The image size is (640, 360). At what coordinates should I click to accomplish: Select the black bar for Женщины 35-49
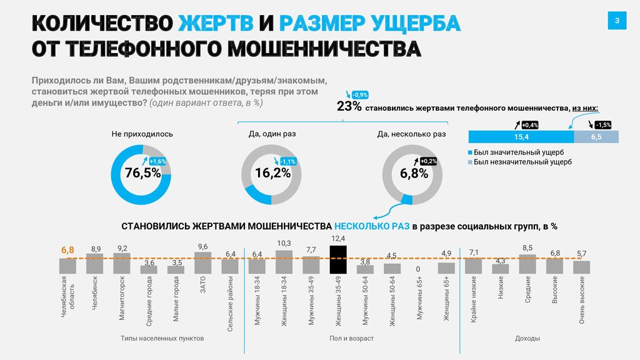tap(338, 259)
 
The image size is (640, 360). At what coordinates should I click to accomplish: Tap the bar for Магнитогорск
tap(122, 263)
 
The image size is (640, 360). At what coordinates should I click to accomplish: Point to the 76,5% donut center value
tap(142, 174)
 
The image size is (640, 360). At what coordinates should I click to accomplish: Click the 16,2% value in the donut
tap(273, 174)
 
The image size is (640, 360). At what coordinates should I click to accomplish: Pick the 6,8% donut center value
tap(414, 174)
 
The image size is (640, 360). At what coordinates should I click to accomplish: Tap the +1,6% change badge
tap(157, 162)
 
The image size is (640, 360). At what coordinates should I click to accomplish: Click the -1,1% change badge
tap(288, 162)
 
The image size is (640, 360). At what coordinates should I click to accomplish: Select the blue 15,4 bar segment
tap(521, 137)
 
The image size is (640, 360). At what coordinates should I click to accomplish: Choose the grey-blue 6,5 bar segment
tap(596, 137)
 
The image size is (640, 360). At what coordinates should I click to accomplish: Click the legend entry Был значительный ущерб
tap(518, 152)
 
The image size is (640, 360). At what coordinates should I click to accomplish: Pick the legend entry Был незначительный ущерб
tap(522, 162)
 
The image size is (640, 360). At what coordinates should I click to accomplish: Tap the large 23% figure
tap(349, 106)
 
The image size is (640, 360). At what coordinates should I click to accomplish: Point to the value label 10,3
tap(284, 243)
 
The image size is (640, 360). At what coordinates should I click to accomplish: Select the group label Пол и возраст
tap(351, 338)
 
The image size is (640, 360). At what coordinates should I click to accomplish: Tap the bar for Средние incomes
tap(527, 264)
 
